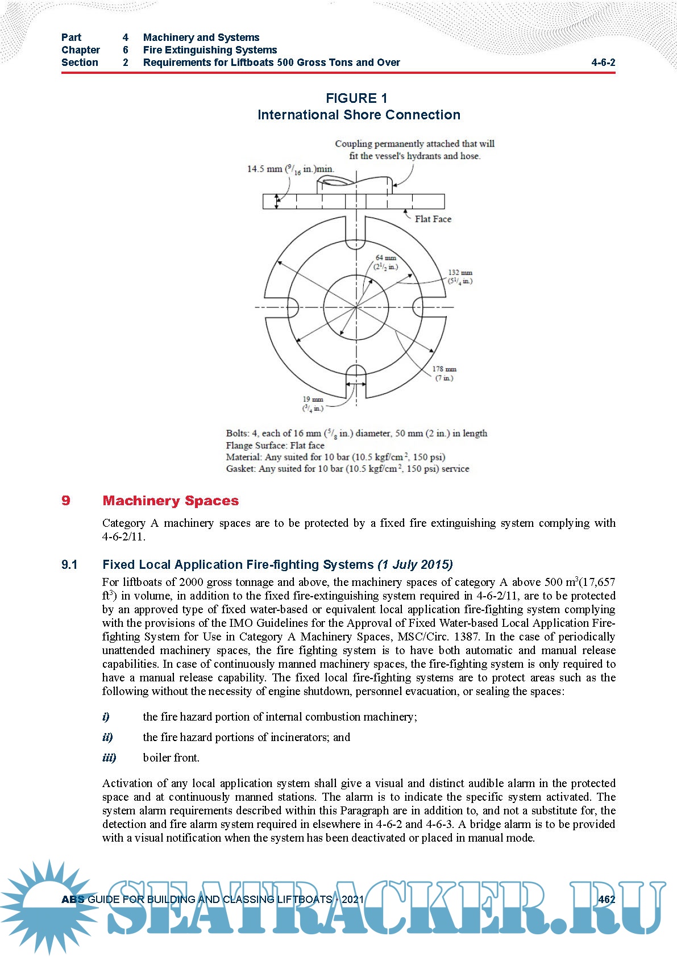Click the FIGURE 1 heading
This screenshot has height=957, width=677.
pos(356,98)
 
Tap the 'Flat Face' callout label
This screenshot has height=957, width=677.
pos(433,219)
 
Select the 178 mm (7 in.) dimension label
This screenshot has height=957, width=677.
pos(444,373)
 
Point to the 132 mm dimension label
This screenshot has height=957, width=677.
pos(460,277)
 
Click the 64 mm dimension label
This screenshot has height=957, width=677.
pos(386,262)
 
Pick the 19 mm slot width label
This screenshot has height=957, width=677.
pos(313,403)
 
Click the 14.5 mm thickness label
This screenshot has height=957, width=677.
pos(290,169)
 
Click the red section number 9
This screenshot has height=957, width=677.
pos(66,501)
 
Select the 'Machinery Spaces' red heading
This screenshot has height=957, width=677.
pos(171,501)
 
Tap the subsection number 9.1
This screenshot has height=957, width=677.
pos(69,564)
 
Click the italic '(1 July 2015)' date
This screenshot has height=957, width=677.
pos(415,564)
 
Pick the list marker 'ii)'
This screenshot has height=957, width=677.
pos(107,737)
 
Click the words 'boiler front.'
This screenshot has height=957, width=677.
pos(171,758)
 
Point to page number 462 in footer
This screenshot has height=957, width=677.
pos(607,899)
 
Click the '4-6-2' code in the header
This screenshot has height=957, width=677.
pos(603,63)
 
